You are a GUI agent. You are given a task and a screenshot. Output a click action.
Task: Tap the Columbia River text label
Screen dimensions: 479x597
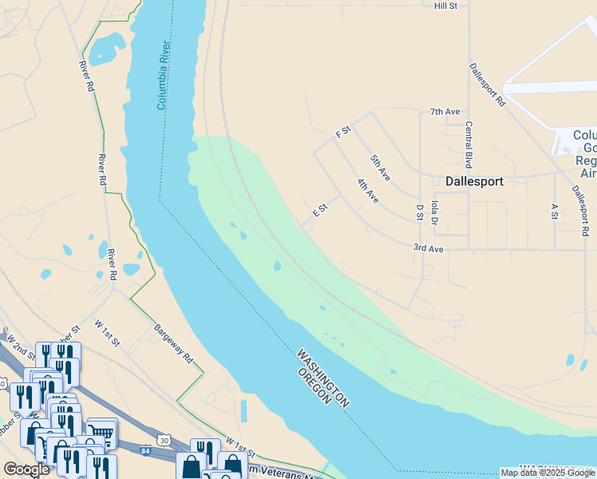point(164,74)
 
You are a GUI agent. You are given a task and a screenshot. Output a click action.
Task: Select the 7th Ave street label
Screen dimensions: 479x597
point(445,112)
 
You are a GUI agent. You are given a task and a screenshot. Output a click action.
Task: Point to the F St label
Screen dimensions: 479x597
point(344,131)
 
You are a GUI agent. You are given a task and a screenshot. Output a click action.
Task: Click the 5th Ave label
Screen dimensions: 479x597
point(381,167)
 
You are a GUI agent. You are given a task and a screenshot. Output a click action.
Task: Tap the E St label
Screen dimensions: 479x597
point(321,210)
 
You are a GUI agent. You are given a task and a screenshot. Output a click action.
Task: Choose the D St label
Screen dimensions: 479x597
point(419,212)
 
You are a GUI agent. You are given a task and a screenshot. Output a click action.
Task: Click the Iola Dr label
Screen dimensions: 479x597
point(435,212)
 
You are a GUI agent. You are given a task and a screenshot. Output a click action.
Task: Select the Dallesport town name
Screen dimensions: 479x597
point(474,181)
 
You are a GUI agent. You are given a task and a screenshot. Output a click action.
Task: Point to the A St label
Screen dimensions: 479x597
point(555,211)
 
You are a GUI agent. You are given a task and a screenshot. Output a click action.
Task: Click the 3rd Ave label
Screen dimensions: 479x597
point(428,249)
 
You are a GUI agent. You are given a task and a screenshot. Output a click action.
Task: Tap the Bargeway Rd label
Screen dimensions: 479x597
point(174,344)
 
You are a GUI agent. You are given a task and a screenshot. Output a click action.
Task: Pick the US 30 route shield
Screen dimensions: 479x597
point(164,440)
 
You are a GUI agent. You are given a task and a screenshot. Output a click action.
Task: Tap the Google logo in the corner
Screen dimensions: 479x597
point(26,469)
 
